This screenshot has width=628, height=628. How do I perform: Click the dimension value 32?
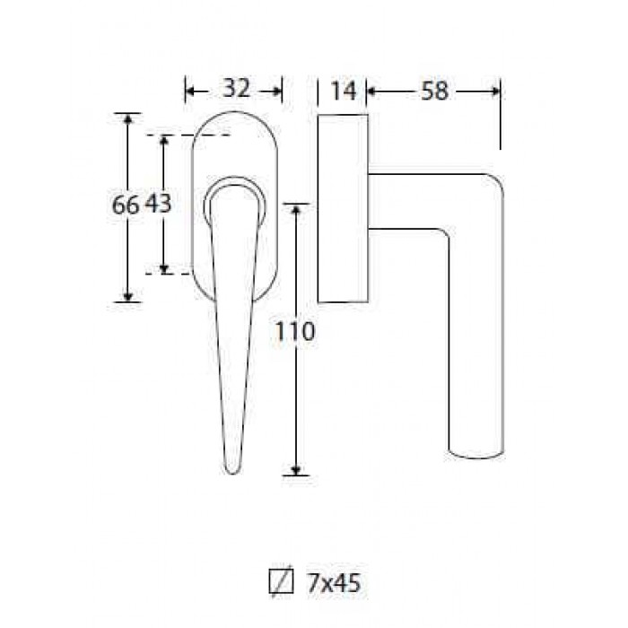(236, 88)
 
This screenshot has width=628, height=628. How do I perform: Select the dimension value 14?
(344, 91)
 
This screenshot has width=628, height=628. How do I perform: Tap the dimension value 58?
(434, 92)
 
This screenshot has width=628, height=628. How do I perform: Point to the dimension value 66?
(126, 205)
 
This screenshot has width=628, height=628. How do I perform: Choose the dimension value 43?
(158, 204)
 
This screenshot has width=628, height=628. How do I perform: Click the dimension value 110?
(295, 331)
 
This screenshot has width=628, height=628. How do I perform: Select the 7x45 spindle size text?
(334, 583)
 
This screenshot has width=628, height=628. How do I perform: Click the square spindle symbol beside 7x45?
(281, 580)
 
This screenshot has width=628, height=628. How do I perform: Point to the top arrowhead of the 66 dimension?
(127, 119)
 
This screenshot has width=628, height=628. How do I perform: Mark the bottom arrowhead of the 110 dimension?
(295, 471)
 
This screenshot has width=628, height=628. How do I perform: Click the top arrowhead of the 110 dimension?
(295, 209)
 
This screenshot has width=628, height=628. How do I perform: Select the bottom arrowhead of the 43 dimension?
(163, 269)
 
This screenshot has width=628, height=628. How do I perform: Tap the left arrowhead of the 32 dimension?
(190, 92)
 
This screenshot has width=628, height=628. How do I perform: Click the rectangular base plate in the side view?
(343, 208)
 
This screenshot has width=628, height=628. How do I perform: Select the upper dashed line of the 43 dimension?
(188, 135)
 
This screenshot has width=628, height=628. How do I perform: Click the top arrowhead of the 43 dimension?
(163, 141)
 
